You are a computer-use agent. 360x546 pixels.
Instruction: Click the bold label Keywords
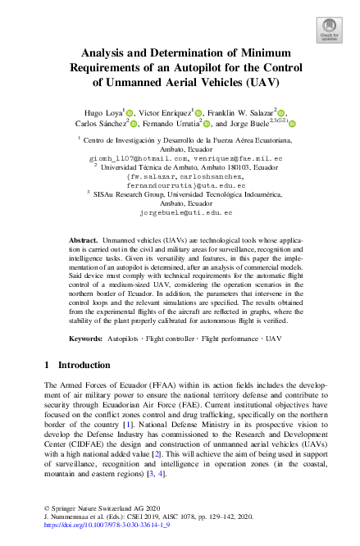87,338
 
